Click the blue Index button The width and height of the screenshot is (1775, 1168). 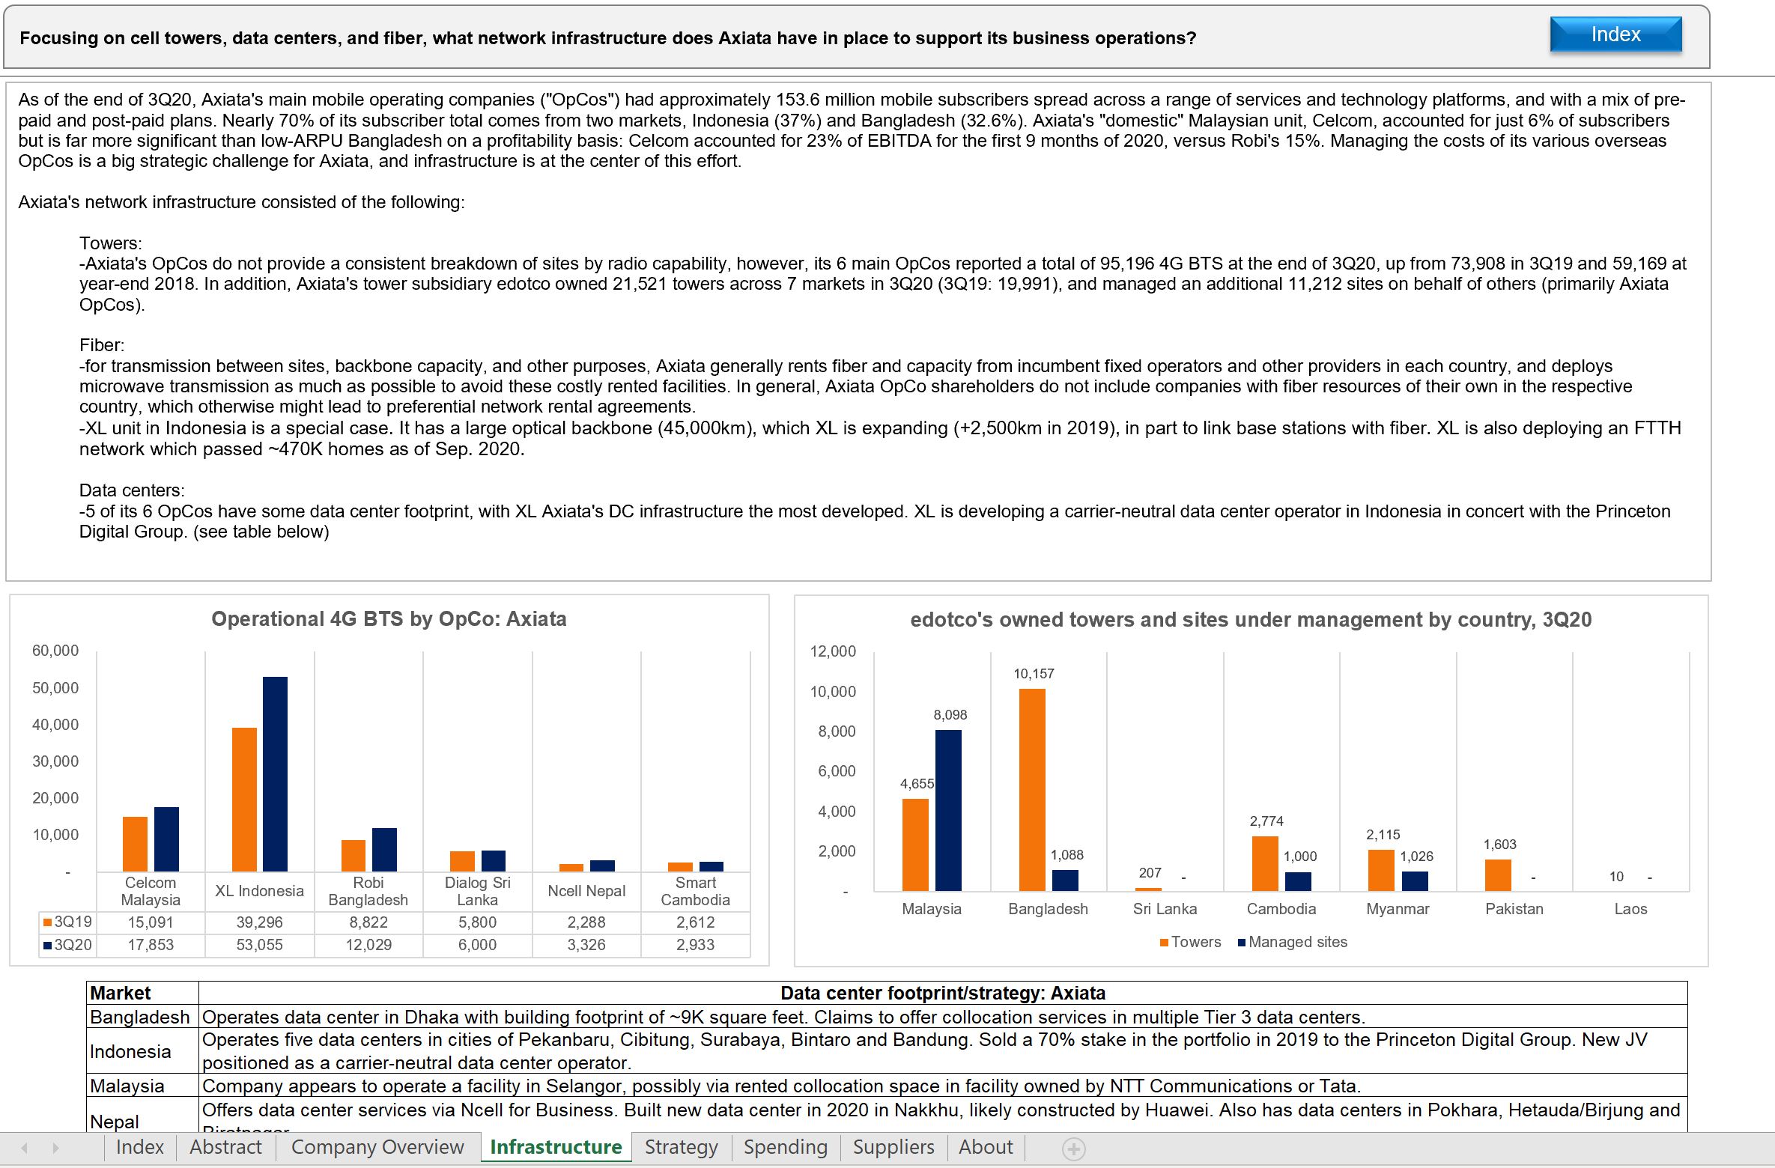(1615, 34)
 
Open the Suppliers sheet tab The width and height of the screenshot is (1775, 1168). (893, 1147)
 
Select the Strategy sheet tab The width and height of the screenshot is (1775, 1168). (681, 1147)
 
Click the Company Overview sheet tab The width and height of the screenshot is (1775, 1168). (377, 1147)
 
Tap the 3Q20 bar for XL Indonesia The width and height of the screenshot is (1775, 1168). (275, 774)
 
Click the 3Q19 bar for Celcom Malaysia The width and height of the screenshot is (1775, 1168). (135, 844)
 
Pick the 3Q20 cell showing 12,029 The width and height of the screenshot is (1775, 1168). (368, 945)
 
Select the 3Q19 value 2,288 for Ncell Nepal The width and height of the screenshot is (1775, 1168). (586, 922)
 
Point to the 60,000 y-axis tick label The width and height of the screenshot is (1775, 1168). (55, 651)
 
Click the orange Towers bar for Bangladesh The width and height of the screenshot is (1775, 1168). (1032, 790)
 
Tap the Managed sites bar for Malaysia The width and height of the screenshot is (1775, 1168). (948, 810)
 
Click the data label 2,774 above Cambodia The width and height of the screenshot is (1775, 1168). (1266, 821)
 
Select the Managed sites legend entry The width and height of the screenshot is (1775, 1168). (1293, 942)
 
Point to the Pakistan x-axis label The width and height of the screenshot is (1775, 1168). (1514, 909)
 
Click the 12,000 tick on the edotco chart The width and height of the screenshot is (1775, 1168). (833, 651)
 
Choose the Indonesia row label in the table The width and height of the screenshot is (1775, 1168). (130, 1051)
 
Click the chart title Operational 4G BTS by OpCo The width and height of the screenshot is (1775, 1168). (389, 619)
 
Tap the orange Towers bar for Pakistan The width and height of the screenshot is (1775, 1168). (1498, 875)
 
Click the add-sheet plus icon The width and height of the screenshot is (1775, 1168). (1073, 1149)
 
